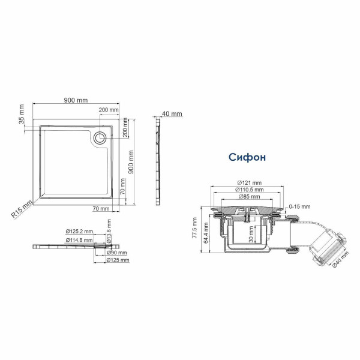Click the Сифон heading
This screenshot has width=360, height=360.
coord(247,157)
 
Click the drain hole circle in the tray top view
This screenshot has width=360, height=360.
coord(100,137)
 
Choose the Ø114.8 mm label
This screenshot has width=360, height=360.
coord(77,240)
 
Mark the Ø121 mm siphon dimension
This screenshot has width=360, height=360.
coord(248,182)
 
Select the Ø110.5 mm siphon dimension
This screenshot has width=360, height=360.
coord(248,190)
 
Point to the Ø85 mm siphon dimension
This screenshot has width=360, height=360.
coord(248,196)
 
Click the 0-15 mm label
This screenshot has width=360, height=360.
coord(298,206)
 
